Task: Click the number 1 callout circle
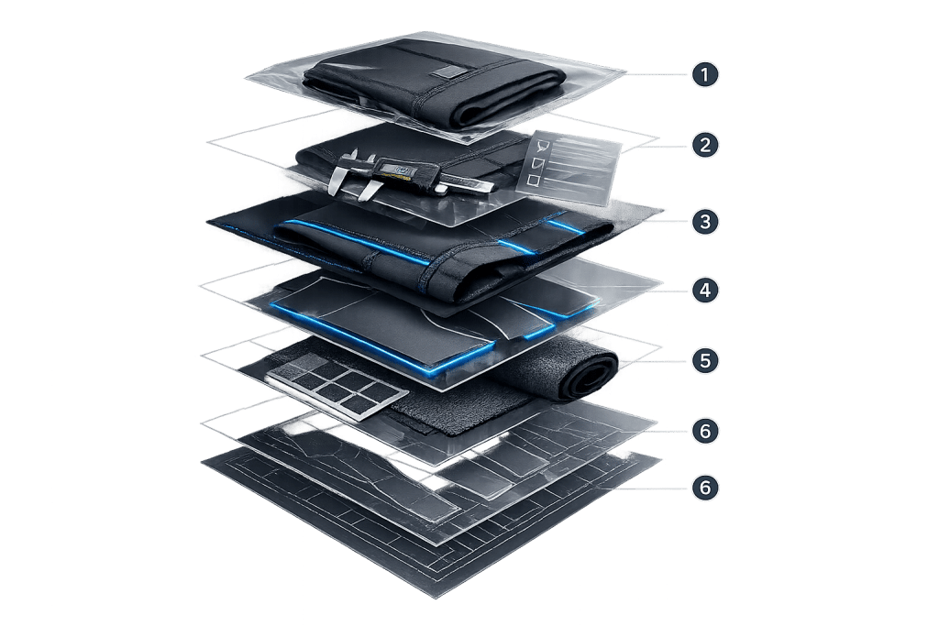(705, 75)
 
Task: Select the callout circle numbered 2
(705, 145)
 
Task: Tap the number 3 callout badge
(705, 222)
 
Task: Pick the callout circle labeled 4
(705, 291)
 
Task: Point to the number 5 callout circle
(705, 360)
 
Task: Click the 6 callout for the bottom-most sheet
(705, 488)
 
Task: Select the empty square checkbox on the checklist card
(533, 179)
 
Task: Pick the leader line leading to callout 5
(655, 361)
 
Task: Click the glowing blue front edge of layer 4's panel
(383, 338)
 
